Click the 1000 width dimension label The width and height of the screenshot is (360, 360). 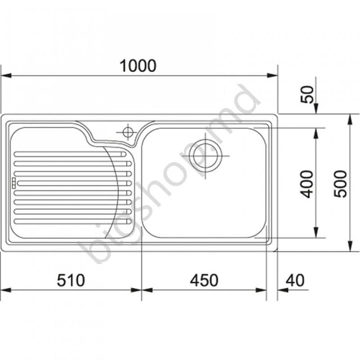pos(138,66)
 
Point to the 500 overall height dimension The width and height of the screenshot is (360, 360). pos(341,183)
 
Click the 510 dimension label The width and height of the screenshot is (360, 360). pos(71,280)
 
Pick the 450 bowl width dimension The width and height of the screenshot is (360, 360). pos(204,280)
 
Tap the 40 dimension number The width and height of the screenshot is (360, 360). pos(295,280)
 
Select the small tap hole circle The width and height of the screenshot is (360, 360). pos(127,132)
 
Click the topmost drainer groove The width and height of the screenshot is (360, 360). pos(67,154)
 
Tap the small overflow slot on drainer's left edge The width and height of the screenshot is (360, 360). pos(14,182)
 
